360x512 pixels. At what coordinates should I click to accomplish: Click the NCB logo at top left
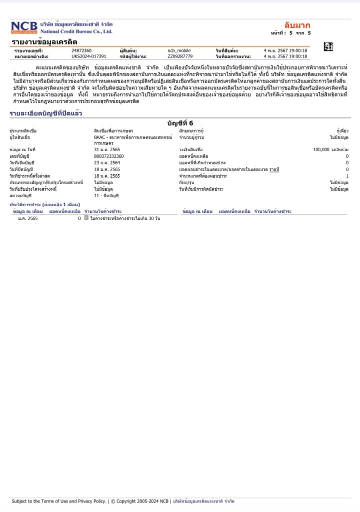[x=24, y=27]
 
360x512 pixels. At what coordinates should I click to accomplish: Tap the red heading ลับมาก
[x=297, y=25]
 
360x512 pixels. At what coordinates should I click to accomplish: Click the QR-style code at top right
[x=328, y=47]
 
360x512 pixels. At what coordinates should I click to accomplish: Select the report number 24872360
[x=81, y=51]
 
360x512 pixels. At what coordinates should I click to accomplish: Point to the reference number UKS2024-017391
[x=89, y=57]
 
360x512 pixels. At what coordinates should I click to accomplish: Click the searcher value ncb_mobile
[x=179, y=51]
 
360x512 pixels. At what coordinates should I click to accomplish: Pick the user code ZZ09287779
[x=180, y=57]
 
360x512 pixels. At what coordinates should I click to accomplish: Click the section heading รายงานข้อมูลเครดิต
[x=44, y=42]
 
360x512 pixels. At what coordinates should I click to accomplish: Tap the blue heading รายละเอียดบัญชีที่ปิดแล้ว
[x=45, y=114]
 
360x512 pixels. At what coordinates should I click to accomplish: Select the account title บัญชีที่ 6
[x=180, y=123]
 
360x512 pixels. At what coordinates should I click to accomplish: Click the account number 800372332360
[x=109, y=156]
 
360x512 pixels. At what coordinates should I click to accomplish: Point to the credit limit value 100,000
[x=324, y=150]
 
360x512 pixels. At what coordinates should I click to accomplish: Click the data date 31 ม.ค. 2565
[x=107, y=150]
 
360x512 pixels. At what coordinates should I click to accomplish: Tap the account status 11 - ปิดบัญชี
[x=106, y=195]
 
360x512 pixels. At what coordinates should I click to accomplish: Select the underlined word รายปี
[x=274, y=169]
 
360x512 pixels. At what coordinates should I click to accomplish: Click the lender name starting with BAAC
[x=132, y=137]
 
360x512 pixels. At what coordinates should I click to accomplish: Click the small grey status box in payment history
[x=86, y=218]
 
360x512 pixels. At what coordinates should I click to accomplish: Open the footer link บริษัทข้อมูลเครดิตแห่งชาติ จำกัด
[x=203, y=501]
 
